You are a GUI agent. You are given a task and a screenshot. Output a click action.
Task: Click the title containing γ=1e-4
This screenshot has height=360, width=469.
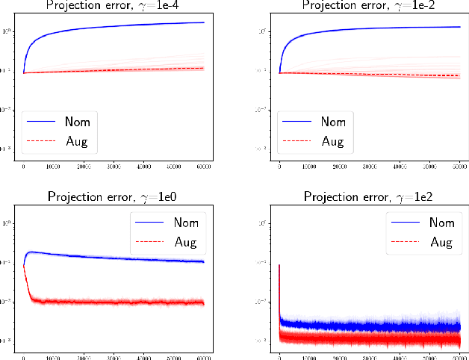tap(115, 6)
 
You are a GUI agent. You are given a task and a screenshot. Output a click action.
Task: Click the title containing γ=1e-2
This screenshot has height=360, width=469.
tap(370, 6)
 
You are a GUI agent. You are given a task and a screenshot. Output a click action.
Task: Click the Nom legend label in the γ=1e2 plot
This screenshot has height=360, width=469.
tap(435, 222)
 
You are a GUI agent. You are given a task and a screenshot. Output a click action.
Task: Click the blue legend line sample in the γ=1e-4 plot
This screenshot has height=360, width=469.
tap(43, 122)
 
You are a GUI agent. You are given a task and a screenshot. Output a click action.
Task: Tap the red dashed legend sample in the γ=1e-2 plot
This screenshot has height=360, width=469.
tap(298, 140)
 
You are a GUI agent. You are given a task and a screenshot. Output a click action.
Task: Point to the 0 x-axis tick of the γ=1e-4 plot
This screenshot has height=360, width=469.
tap(24, 166)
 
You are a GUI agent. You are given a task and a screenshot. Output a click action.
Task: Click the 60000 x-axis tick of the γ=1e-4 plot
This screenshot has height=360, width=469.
tap(203, 166)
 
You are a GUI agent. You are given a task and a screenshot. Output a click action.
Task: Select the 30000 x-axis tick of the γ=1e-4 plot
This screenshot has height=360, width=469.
tap(114, 166)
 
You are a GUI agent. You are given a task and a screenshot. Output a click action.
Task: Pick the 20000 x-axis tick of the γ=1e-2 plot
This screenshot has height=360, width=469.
tap(339, 166)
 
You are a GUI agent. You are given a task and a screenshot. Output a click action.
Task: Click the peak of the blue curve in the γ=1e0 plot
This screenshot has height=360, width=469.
tap(31, 252)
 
